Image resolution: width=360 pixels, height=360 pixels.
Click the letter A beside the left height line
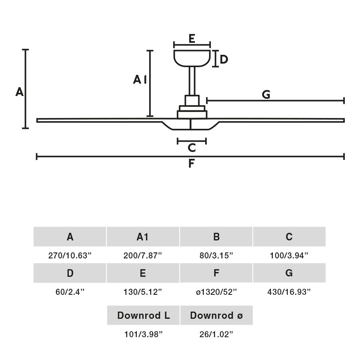(20, 92)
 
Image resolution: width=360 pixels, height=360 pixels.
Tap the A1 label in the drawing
(140, 80)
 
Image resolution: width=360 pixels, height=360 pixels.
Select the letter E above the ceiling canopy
(192, 39)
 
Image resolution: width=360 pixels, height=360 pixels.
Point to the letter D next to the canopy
(224, 60)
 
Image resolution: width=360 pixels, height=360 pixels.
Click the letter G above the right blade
(266, 95)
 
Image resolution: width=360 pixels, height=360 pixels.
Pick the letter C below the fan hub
(192, 148)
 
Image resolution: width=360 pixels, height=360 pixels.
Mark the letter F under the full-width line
(192, 164)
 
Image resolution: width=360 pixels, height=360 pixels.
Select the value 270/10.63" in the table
(70, 256)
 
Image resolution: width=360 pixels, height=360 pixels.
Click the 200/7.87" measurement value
(143, 256)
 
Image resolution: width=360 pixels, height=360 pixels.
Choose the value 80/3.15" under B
(216, 256)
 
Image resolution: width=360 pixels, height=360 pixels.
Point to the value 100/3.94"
(289, 256)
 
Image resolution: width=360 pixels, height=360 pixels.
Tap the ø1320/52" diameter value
(216, 292)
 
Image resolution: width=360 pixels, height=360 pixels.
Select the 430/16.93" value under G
(289, 292)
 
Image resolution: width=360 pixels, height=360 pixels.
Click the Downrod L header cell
(143, 315)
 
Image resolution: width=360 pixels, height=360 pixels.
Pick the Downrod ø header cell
(216, 315)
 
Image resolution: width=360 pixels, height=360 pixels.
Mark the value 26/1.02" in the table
(216, 334)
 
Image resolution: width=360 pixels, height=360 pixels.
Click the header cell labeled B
(216, 237)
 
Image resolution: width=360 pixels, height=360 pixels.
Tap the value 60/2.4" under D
(70, 292)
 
